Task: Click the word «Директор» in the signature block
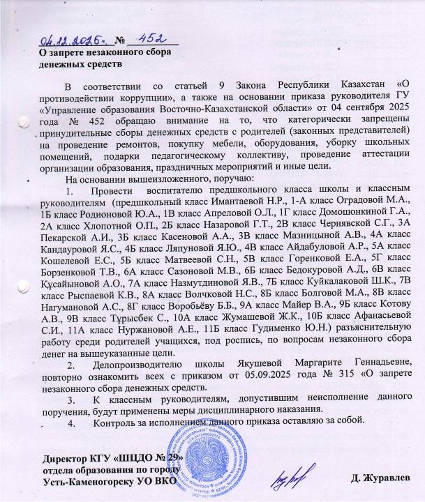64,457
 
